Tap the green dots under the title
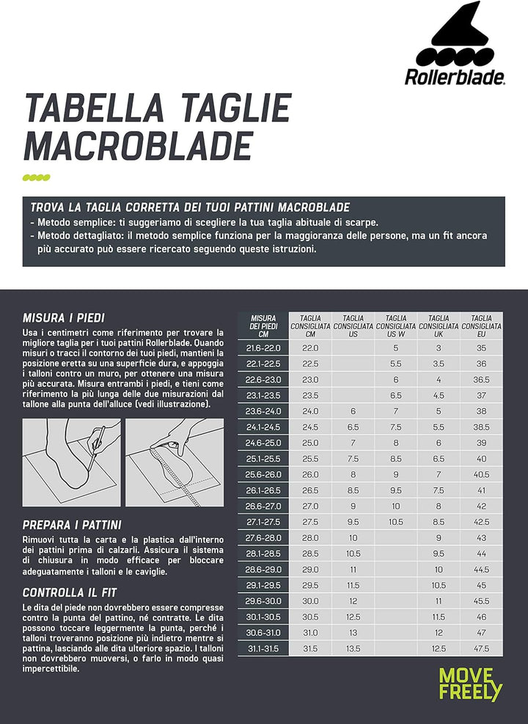click(x=37, y=178)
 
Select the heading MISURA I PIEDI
click(x=64, y=318)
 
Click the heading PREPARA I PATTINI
click(x=72, y=525)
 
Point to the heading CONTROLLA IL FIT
click(x=70, y=593)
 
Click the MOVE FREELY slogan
click(x=471, y=684)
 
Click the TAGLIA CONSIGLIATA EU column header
click(x=482, y=325)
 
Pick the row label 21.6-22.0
click(x=263, y=349)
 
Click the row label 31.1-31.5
click(x=263, y=649)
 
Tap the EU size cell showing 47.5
click(x=482, y=649)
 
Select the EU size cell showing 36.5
click(x=482, y=380)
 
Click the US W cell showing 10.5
click(x=396, y=522)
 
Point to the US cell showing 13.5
click(x=353, y=649)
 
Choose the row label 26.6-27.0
click(x=263, y=506)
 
